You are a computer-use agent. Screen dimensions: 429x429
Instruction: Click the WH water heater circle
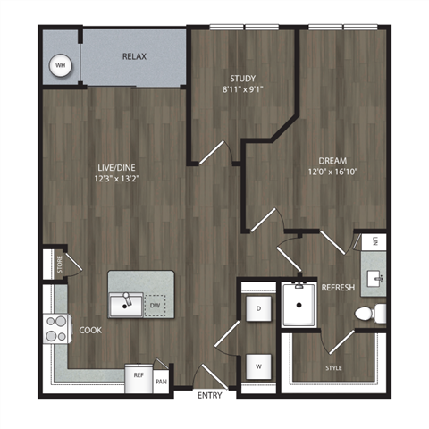click(x=61, y=65)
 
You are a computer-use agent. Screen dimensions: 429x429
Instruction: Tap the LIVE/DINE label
click(x=117, y=164)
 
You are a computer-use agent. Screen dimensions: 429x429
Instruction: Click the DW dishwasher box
click(x=156, y=306)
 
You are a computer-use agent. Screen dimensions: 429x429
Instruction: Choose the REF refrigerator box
click(x=139, y=376)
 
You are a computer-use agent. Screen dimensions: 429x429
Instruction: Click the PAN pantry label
click(x=160, y=380)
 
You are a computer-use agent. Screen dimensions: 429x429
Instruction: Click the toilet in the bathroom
click(x=367, y=314)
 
